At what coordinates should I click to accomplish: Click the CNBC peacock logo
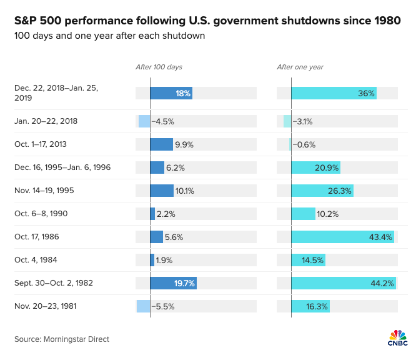397,337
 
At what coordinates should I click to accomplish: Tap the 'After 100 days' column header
159,67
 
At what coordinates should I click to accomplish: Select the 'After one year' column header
300,67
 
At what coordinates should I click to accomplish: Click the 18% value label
183,93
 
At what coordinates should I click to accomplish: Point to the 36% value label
367,93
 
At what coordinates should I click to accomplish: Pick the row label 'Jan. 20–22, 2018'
46,121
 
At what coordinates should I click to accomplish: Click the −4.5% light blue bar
144,121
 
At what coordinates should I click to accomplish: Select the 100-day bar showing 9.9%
161,144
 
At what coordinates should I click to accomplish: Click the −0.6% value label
304,144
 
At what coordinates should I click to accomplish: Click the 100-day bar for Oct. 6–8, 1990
152,214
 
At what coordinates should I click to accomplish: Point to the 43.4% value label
380,237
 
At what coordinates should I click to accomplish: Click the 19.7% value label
184,283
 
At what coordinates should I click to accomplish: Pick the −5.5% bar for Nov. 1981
143,306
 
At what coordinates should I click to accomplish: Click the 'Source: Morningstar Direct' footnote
62,339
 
